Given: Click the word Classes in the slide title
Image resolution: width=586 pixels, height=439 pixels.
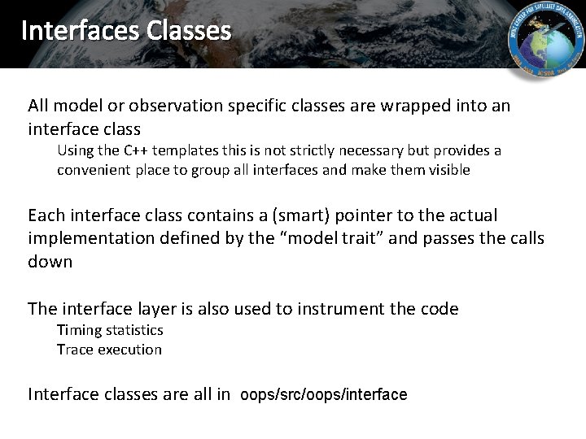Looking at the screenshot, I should click(189, 31).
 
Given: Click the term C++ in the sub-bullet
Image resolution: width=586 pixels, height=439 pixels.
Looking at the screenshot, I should click(134, 150).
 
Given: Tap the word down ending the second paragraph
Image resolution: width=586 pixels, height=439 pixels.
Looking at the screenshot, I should click(50, 262).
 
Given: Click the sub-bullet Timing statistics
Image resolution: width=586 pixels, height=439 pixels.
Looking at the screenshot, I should click(110, 330).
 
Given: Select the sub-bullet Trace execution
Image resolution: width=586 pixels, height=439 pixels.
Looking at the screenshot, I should click(109, 350).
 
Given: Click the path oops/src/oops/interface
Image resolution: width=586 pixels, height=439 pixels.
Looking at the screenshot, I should click(323, 395).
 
